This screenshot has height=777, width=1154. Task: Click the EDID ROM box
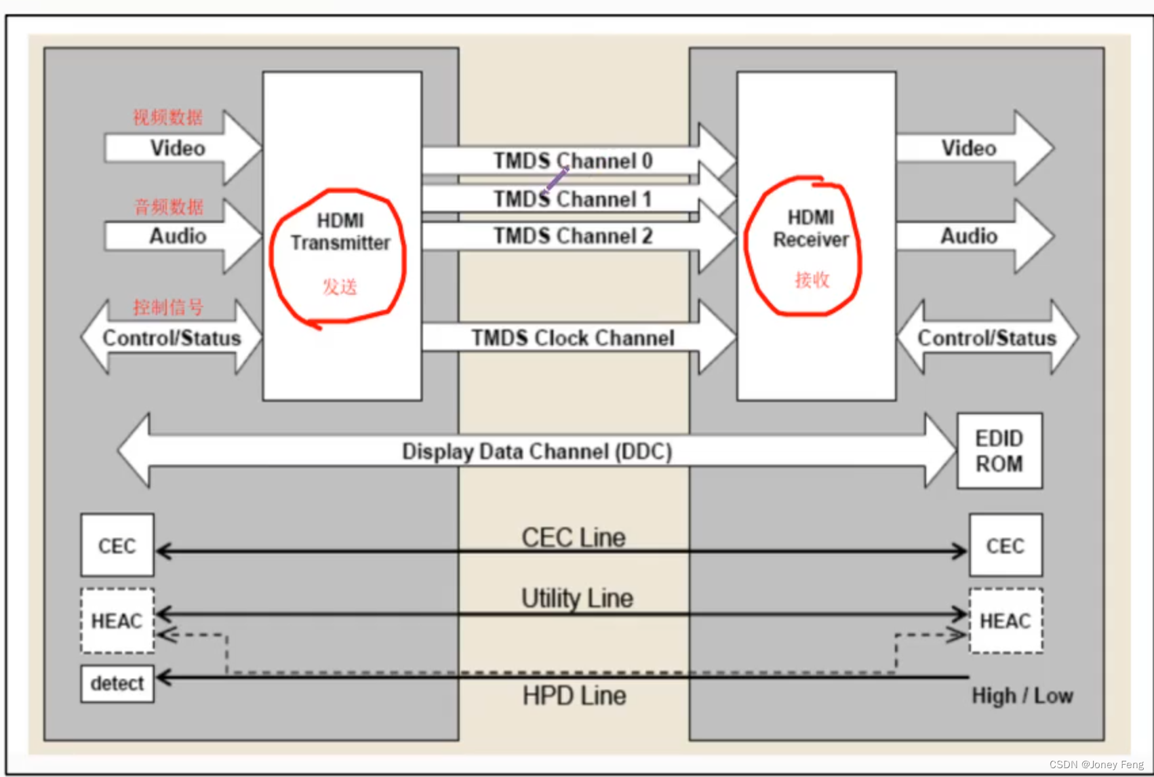click(999, 451)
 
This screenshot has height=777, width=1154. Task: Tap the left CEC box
click(117, 545)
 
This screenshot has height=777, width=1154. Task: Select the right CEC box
click(1005, 545)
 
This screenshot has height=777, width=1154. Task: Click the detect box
click(117, 683)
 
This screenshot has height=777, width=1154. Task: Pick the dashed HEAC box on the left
click(117, 620)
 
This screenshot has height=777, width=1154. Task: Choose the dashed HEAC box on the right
click(1006, 620)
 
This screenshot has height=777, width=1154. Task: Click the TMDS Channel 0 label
click(573, 161)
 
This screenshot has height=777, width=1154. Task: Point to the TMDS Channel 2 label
click(573, 236)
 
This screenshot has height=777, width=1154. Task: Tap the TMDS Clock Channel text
click(573, 338)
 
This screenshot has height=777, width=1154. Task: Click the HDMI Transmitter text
click(340, 232)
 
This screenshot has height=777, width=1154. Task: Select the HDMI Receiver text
click(811, 228)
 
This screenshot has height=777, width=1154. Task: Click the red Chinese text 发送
click(340, 287)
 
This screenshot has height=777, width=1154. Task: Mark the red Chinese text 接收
click(812, 279)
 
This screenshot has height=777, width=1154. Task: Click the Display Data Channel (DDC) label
click(537, 452)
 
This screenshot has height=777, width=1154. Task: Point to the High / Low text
click(1022, 696)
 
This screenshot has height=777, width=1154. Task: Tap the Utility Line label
click(577, 598)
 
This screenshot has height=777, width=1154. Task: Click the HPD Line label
click(574, 696)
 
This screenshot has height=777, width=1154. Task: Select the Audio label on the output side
click(968, 236)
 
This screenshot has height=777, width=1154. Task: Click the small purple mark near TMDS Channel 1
click(556, 180)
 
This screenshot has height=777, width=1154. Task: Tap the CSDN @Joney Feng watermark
click(1096, 764)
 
